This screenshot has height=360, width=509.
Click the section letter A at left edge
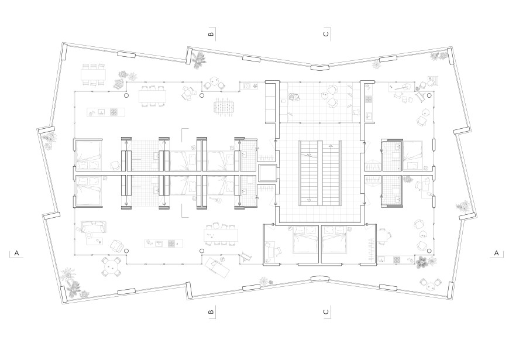tap(17, 253)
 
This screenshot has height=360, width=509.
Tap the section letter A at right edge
tap(496, 253)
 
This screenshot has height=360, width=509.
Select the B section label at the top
tap(211, 34)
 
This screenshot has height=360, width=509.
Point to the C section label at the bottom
tap(326, 312)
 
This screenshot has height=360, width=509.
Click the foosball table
tap(222, 107)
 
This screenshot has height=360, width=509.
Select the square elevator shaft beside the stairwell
tap(268, 173)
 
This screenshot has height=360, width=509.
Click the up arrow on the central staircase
tap(331, 146)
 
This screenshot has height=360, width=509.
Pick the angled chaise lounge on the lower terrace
tap(216, 265)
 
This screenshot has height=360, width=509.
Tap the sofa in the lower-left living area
tap(94, 227)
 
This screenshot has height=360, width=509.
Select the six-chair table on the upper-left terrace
tap(94, 75)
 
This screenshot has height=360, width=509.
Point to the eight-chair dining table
tap(221, 234)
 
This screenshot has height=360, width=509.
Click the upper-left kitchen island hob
tap(114, 113)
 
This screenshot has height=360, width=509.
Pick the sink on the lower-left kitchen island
tap(159, 244)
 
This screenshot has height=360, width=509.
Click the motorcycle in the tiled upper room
tap(294, 97)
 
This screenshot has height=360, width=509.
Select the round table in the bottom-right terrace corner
tap(430, 286)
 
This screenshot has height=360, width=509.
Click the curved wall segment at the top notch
tap(321, 67)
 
